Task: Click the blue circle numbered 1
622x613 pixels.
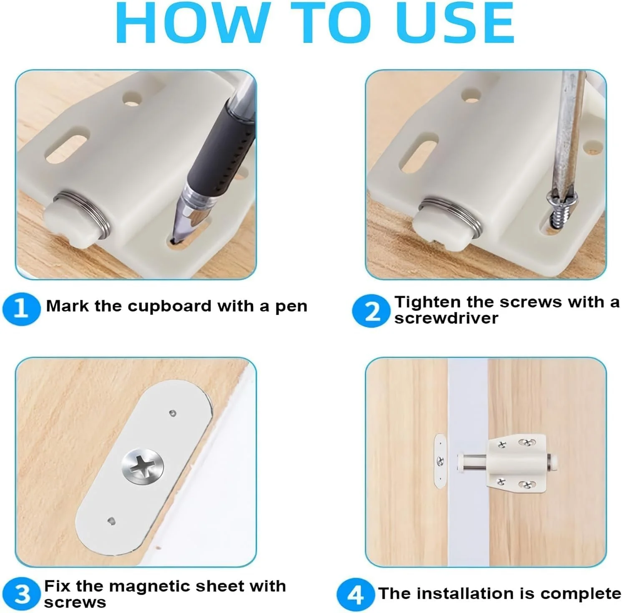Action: [x=21, y=309]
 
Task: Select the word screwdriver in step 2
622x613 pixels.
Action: [x=446, y=319]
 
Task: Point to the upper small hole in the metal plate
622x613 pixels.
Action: [x=172, y=414]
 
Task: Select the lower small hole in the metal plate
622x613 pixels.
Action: [x=111, y=521]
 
